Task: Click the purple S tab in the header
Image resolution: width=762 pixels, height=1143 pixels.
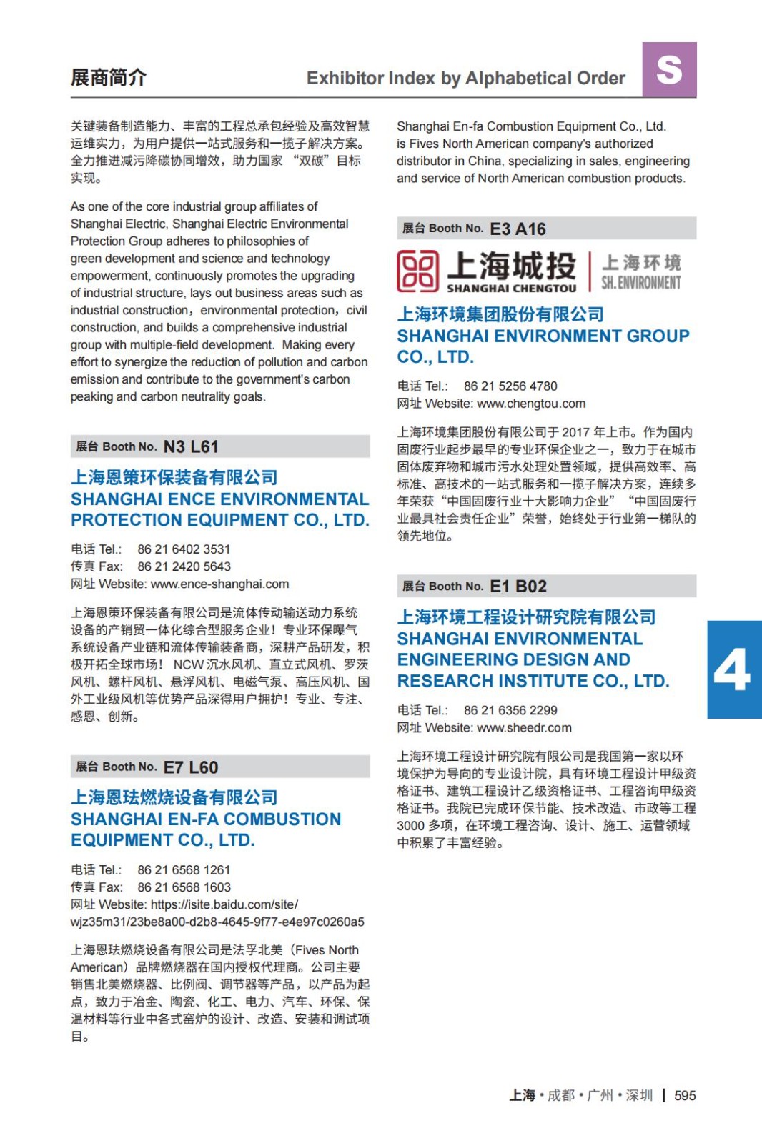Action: (x=669, y=70)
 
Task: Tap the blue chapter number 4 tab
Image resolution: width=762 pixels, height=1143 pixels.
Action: (x=733, y=669)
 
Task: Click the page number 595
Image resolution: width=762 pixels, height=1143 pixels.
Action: (x=685, y=1095)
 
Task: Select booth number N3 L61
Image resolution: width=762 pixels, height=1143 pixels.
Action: (x=191, y=446)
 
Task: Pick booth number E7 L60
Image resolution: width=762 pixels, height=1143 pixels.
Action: (x=191, y=767)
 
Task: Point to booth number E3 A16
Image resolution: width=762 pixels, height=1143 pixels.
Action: (x=518, y=229)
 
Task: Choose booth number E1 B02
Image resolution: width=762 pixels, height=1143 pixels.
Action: (x=518, y=587)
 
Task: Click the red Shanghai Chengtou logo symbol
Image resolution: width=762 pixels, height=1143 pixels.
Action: (x=417, y=271)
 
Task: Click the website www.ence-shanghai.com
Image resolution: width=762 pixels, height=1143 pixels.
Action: (x=219, y=584)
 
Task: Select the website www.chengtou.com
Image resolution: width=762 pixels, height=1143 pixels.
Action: (x=531, y=404)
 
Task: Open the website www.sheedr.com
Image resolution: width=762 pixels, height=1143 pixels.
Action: (x=524, y=727)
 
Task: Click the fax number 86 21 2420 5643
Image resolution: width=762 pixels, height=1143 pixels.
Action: (x=184, y=566)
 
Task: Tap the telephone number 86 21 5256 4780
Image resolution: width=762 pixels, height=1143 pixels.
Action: (x=510, y=386)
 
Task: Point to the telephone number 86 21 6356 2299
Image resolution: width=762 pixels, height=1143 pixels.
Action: (x=510, y=710)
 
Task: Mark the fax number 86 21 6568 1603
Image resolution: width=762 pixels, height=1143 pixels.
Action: (x=184, y=887)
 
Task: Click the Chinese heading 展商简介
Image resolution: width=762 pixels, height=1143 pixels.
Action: (x=108, y=77)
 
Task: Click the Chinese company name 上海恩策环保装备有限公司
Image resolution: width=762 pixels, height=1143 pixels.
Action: (x=174, y=477)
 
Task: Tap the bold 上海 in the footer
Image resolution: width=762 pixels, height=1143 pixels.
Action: (x=522, y=1095)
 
